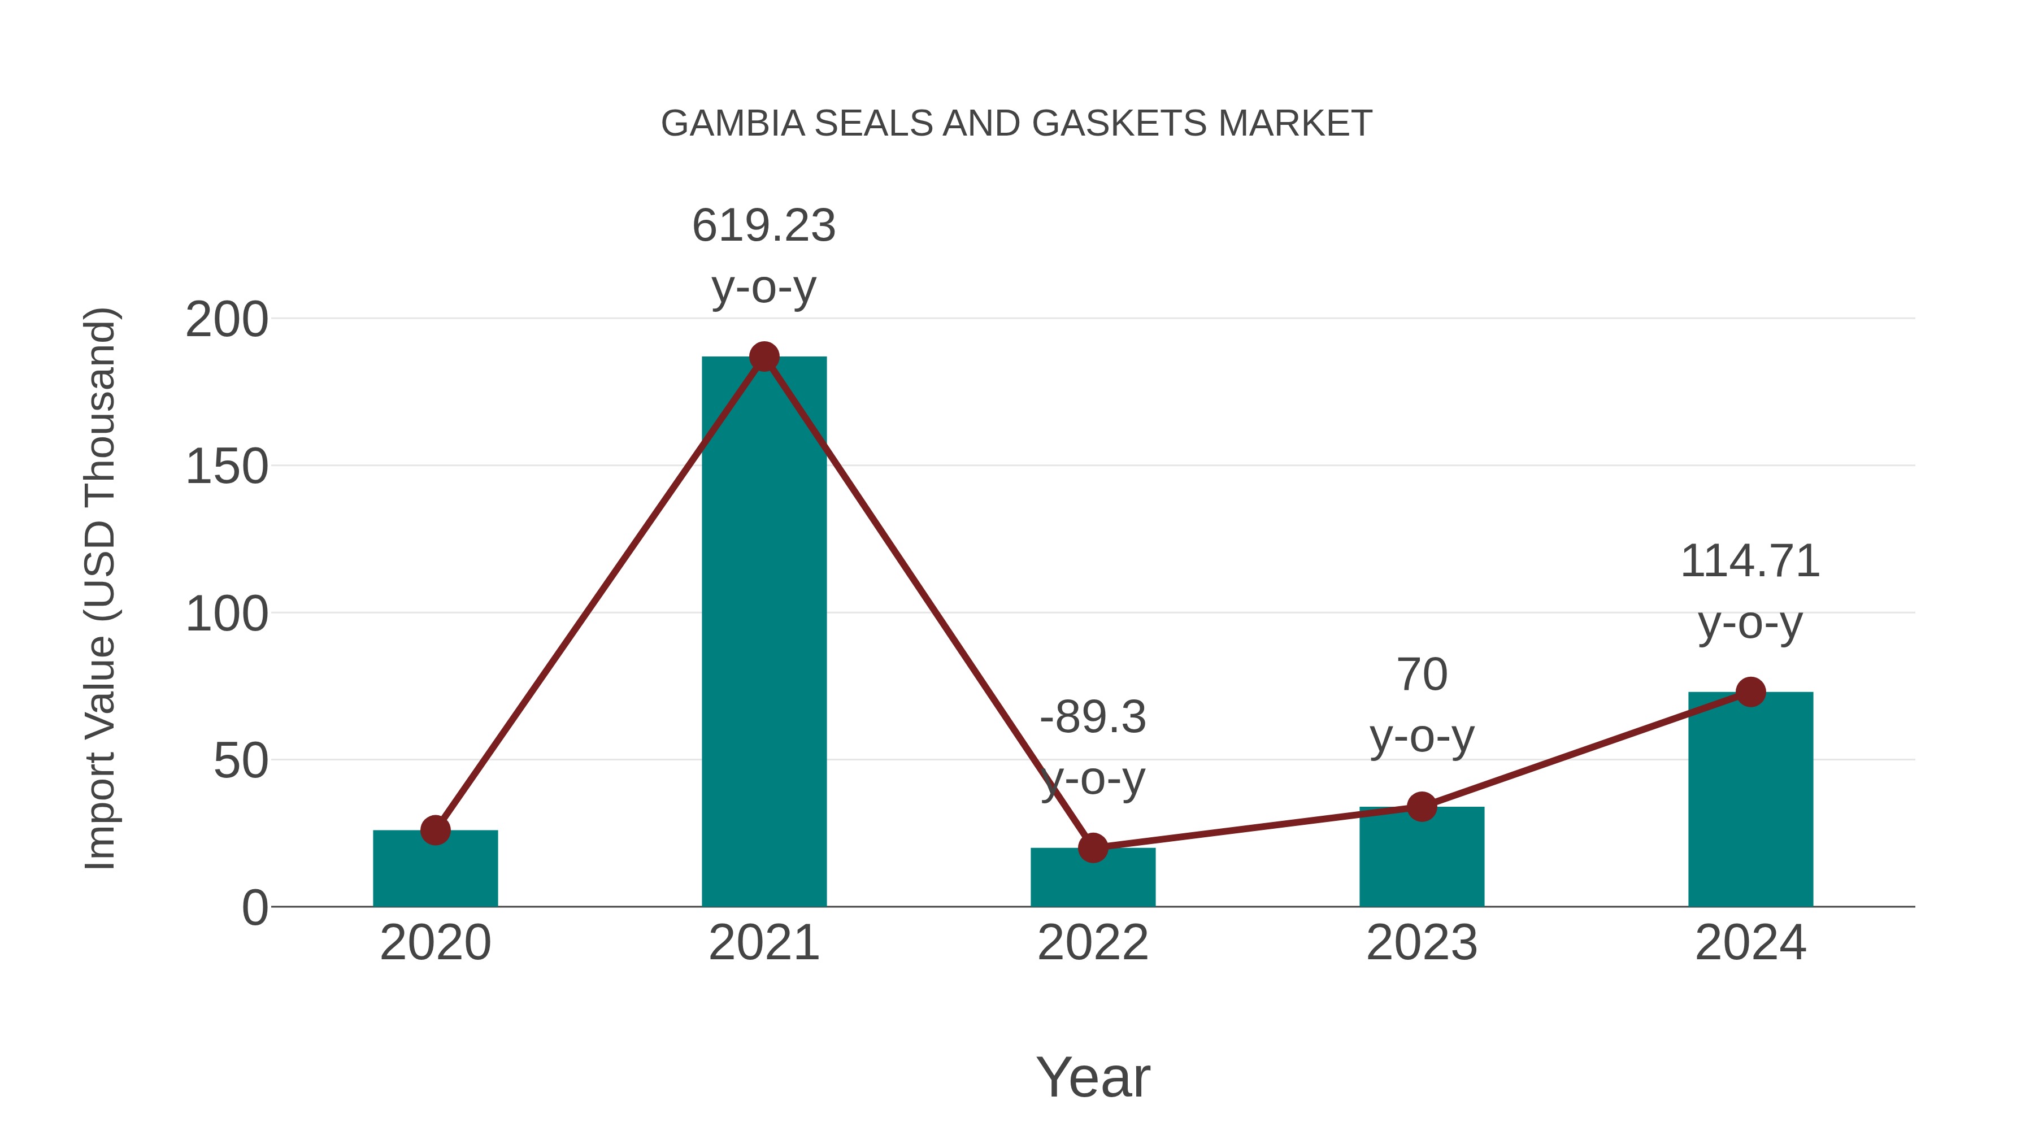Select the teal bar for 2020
point(435,868)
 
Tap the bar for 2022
point(1093,877)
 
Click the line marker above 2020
point(435,830)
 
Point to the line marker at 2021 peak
point(763,357)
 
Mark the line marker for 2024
point(1750,693)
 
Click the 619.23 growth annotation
point(763,226)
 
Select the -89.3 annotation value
point(1093,717)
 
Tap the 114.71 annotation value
point(1750,562)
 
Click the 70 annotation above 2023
point(1422,675)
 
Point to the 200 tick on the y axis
point(227,320)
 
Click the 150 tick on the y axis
point(227,467)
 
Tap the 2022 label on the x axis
point(1093,943)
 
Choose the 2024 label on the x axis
point(1750,943)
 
